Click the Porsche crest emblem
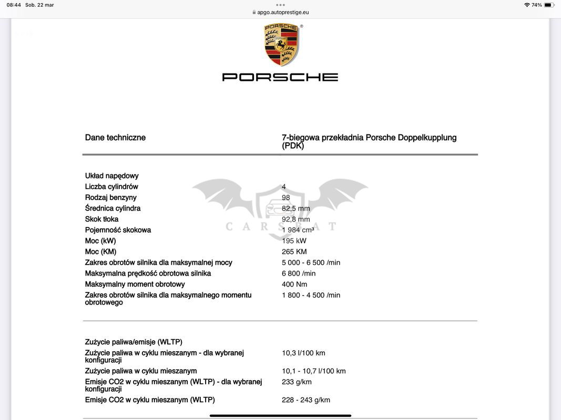coord(281,45)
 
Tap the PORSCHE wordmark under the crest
coord(280,77)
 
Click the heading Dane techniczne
coord(115,138)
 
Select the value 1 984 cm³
coord(298,230)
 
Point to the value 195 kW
coord(294,241)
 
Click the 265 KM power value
coord(294,251)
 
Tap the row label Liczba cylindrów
coord(111,187)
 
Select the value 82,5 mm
coord(295,208)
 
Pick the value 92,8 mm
coord(295,219)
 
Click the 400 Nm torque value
coord(294,284)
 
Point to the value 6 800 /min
coord(299,274)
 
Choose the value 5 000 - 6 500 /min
coord(311,262)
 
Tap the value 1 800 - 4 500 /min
coord(311,295)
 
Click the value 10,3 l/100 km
coord(303,353)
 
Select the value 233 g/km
coord(297,382)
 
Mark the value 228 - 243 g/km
coord(306,400)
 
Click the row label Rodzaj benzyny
coord(111,197)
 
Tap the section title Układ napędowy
coord(112,176)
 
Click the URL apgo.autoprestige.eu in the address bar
coord(283,12)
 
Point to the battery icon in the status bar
coord(548,5)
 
